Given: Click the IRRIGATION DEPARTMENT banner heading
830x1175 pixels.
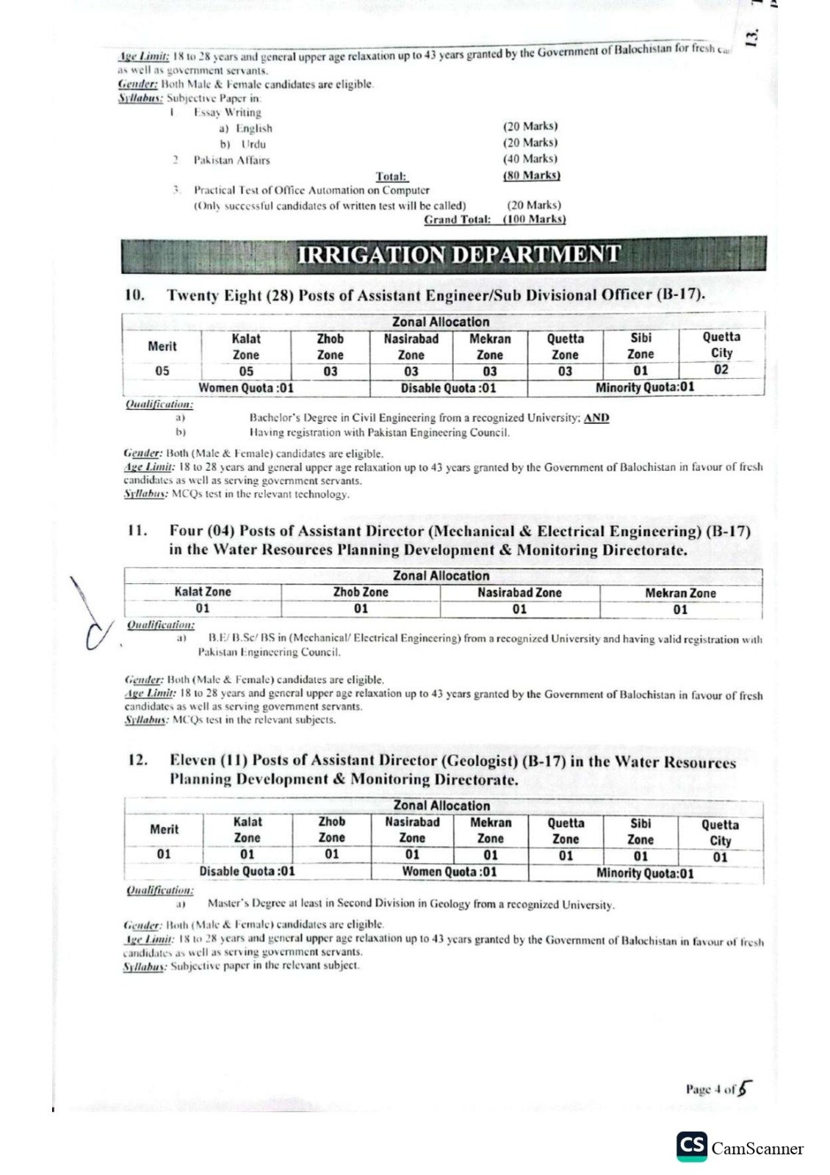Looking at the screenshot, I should coord(458,254).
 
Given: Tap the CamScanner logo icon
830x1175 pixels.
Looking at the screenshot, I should coord(692,1147).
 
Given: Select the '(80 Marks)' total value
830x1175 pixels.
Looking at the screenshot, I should coord(531,175).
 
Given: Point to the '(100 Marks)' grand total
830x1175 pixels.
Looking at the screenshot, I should coord(534,219).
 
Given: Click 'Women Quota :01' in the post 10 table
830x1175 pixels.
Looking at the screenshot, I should coord(246,388).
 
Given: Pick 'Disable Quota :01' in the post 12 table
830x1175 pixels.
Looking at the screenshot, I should coord(247,871).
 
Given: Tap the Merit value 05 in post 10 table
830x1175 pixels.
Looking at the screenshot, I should coord(162,371).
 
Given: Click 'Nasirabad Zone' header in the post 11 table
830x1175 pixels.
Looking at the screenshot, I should coord(519,592).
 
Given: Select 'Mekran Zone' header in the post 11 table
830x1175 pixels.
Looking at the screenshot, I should coord(680,593).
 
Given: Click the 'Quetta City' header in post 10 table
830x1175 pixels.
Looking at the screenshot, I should coord(721,344).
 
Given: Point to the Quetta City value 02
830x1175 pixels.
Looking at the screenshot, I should coord(721,369).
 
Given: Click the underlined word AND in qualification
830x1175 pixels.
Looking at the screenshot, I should coord(596,418).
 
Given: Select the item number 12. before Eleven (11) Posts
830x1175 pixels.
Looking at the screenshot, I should coord(137,761).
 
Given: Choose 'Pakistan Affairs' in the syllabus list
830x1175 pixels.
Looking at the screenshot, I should coord(231,160).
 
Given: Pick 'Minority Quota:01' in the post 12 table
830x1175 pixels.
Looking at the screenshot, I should coord(645,873).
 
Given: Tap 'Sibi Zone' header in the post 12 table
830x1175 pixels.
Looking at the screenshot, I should coord(640,831).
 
